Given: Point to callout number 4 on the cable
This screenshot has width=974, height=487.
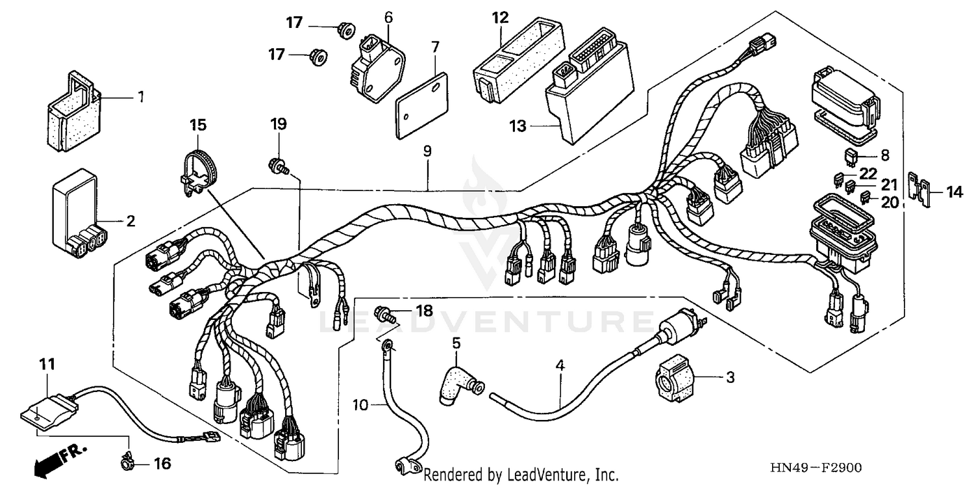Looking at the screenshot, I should click(559, 365).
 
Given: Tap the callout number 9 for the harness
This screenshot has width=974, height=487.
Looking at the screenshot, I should click(427, 151).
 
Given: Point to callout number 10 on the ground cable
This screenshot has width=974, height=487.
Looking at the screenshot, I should click(360, 405).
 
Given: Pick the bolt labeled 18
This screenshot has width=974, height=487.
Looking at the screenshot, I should click(388, 317).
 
